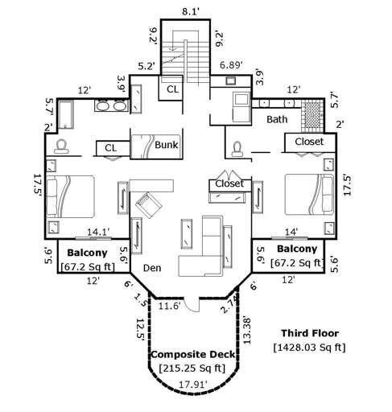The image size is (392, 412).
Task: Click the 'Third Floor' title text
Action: point(311,332)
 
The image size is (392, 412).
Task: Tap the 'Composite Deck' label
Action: point(189,354)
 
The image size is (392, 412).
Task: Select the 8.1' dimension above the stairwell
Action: point(190,11)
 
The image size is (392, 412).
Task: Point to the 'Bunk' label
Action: point(167,146)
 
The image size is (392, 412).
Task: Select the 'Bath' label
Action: point(278,119)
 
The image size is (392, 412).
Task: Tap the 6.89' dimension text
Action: point(231,64)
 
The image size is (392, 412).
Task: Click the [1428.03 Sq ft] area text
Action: point(309,348)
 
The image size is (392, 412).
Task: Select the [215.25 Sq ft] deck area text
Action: point(189,368)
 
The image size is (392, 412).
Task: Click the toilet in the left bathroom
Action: point(60,146)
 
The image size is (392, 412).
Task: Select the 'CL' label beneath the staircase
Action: point(172,89)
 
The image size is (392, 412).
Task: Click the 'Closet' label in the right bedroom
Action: point(309,142)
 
